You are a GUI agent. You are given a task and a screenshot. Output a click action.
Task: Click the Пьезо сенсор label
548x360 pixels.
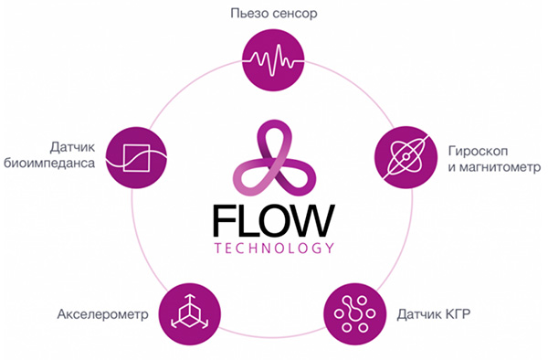pyautogui.click(x=274, y=14)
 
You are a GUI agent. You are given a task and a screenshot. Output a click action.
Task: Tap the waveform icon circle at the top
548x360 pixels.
pyautogui.click(x=273, y=60)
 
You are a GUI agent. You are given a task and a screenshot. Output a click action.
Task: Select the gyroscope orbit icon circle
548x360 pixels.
pyautogui.click(x=406, y=157)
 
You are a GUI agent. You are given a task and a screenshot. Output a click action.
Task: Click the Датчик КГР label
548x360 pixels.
pyautogui.click(x=433, y=314)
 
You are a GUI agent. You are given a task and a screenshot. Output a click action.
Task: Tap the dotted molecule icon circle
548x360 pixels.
pyautogui.click(x=354, y=314)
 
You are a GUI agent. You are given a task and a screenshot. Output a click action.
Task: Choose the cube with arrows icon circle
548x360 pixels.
pyautogui.click(x=190, y=314)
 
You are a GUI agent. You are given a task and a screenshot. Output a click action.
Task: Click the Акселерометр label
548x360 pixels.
pyautogui.click(x=102, y=314)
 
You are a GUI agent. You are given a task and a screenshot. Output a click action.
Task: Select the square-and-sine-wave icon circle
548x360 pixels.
pyautogui.click(x=136, y=158)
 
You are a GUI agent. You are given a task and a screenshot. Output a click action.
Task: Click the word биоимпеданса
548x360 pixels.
pyautogui.click(x=49, y=164)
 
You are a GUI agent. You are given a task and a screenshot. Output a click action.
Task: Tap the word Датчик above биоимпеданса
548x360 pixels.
pyautogui.click(x=72, y=147)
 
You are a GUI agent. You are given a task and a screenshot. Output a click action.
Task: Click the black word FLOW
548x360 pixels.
pyautogui.click(x=274, y=221)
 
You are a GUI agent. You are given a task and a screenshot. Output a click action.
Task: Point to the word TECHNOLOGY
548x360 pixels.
pyautogui.click(x=274, y=249)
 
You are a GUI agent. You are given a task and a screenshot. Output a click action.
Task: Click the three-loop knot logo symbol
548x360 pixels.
pyautogui.click(x=274, y=158)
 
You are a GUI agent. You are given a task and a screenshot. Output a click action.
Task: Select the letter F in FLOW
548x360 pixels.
pyautogui.click(x=223, y=221)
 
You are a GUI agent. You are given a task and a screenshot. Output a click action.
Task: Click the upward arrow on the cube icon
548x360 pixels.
pyautogui.click(x=190, y=302)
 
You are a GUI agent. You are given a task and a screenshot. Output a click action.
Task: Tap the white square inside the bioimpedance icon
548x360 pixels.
pyautogui.click(x=136, y=158)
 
